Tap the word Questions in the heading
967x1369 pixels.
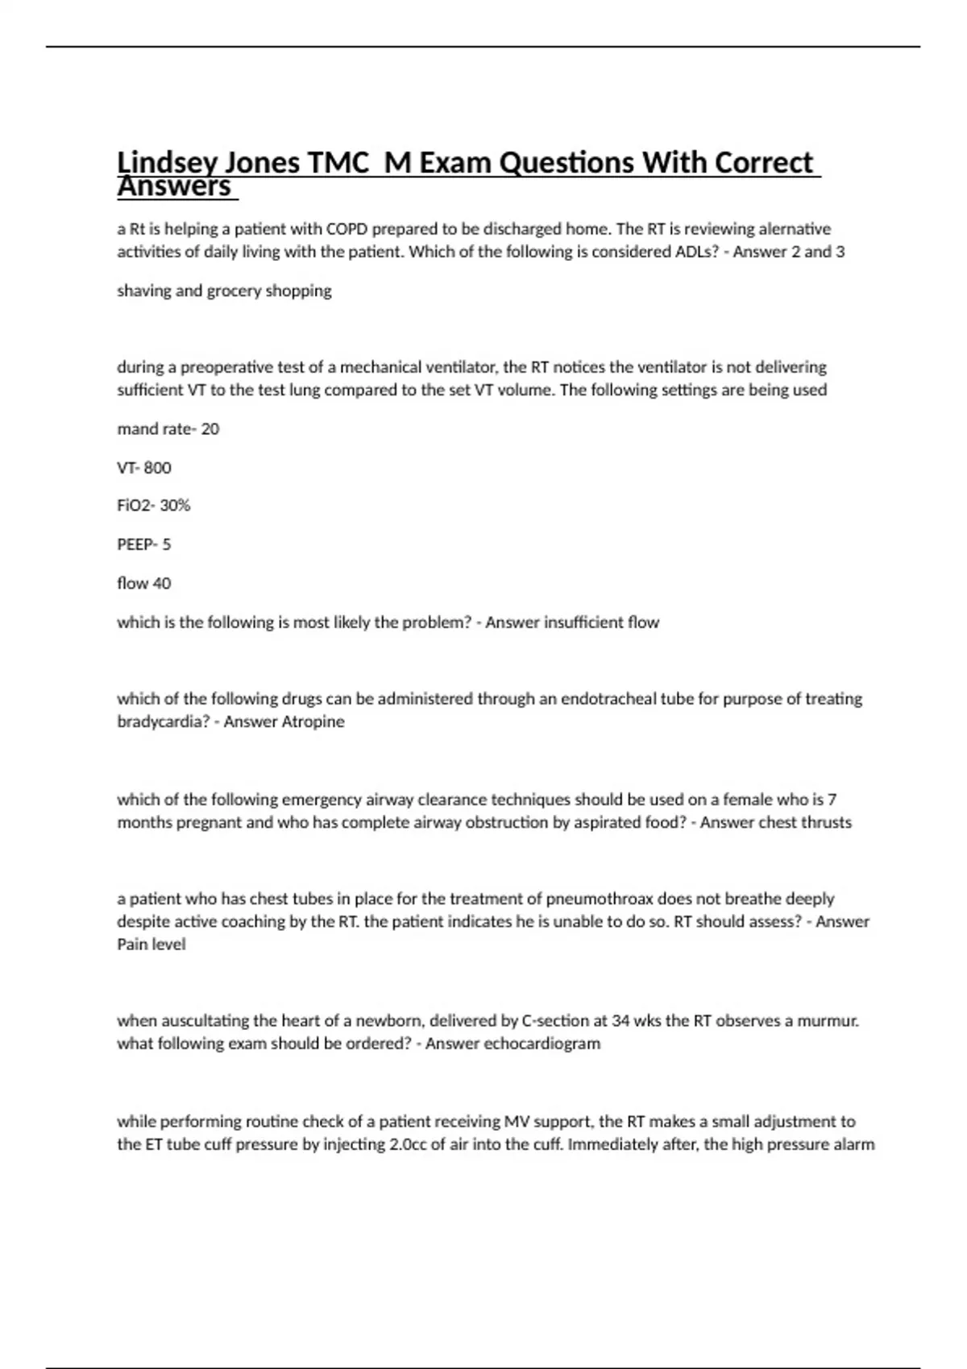[567, 163]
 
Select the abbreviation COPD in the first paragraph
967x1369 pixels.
[349, 229]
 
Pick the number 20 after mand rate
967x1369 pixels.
[210, 429]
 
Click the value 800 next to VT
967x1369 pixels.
[157, 468]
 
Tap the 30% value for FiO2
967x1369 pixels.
[175, 506]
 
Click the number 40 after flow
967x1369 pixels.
[161, 583]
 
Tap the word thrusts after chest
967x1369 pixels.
[826, 823]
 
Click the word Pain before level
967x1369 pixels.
[133, 945]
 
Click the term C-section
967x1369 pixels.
[555, 1021]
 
